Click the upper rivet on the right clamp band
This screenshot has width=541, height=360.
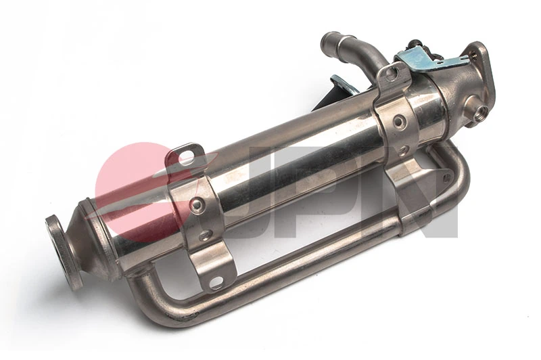pyautogui.click(x=400, y=122)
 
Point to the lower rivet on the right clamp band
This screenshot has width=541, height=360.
pyautogui.click(x=404, y=150)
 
